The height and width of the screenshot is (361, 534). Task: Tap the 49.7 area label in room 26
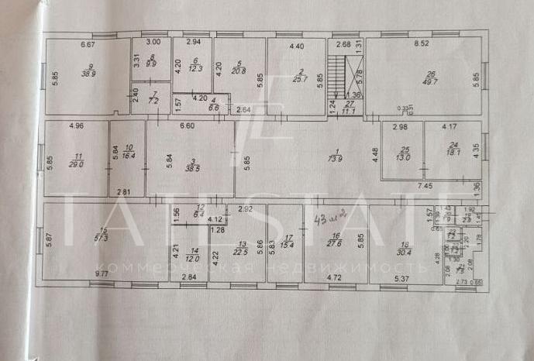431,81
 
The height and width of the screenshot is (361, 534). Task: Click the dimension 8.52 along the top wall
422,45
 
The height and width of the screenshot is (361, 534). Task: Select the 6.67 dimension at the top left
88,45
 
